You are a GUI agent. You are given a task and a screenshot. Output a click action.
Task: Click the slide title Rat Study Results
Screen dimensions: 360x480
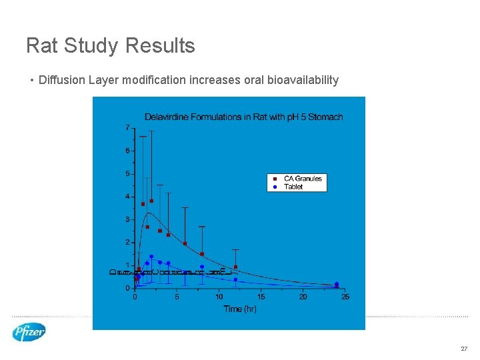[110, 45]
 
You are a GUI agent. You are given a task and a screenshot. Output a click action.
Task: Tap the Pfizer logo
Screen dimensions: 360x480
[29, 332]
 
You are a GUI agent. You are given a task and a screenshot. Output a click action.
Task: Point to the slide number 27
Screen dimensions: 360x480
[463, 349]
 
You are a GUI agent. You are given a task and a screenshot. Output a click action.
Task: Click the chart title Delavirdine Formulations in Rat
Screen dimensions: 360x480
[243, 117]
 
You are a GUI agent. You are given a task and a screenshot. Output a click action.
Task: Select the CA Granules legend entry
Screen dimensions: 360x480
[302, 178]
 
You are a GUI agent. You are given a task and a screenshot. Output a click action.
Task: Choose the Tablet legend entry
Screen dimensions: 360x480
[293, 187]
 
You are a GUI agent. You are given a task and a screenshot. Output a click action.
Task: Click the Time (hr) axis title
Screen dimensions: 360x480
[240, 309]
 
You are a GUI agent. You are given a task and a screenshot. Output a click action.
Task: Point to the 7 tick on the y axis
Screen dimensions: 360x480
[127, 127]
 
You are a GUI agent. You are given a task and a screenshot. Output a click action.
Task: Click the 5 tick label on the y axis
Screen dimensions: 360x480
[127, 173]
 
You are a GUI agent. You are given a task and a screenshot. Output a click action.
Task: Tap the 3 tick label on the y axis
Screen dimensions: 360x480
[127, 219]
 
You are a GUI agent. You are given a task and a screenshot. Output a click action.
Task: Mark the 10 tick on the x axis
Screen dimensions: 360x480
[219, 297]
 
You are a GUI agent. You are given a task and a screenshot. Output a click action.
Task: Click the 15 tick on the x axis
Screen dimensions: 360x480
[261, 297]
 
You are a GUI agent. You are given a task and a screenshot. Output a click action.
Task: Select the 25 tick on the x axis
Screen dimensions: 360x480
[345, 297]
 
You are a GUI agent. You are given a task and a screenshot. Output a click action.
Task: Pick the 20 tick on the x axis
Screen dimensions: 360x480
[303, 297]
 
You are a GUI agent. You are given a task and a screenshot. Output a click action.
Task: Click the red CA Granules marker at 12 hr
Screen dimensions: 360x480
[235, 267]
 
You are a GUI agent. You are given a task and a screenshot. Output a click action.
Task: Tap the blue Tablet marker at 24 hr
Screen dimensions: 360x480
[337, 284]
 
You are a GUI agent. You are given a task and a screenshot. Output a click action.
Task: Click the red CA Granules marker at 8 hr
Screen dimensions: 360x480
[202, 253]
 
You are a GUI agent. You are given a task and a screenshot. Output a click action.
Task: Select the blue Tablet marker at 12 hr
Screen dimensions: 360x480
[235, 279]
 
